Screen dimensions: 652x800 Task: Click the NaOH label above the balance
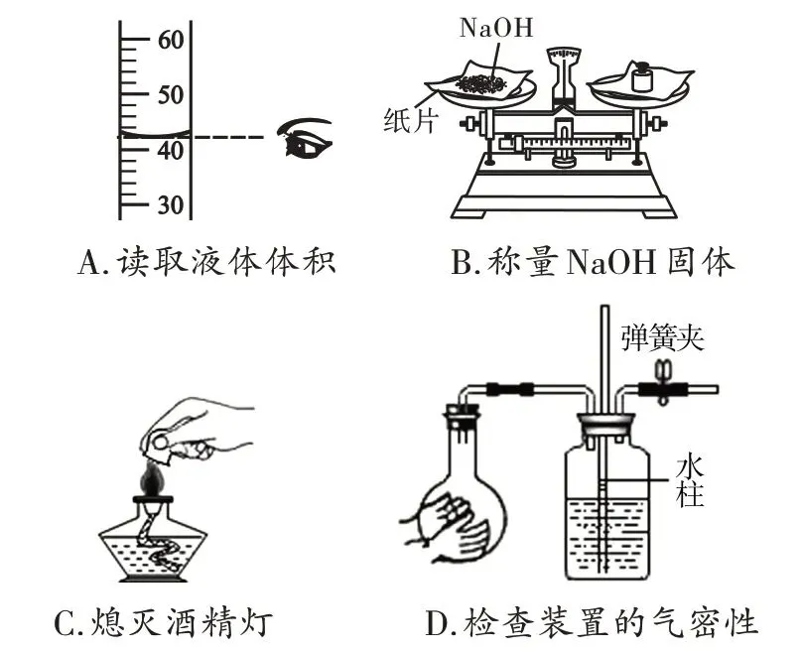click(495, 28)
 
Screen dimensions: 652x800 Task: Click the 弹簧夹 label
click(663, 336)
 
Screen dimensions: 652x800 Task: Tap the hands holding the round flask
click(443, 520)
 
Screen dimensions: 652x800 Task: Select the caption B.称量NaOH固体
click(593, 262)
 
